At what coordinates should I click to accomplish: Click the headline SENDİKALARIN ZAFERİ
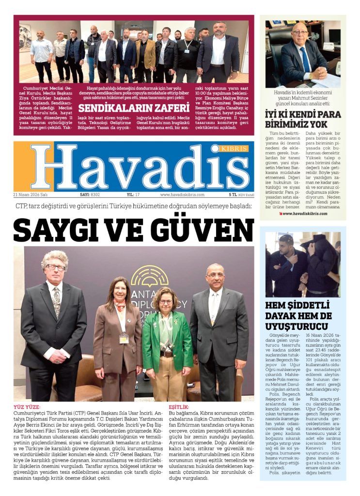point(133,108)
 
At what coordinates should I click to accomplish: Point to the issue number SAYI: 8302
point(90,195)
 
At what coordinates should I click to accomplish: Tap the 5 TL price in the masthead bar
point(233,195)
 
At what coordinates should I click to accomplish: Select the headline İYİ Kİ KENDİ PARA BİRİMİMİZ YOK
point(302,119)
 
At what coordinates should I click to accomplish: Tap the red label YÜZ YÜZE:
point(27,407)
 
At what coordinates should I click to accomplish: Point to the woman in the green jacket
point(167,339)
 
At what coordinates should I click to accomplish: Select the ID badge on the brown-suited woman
point(125,337)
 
